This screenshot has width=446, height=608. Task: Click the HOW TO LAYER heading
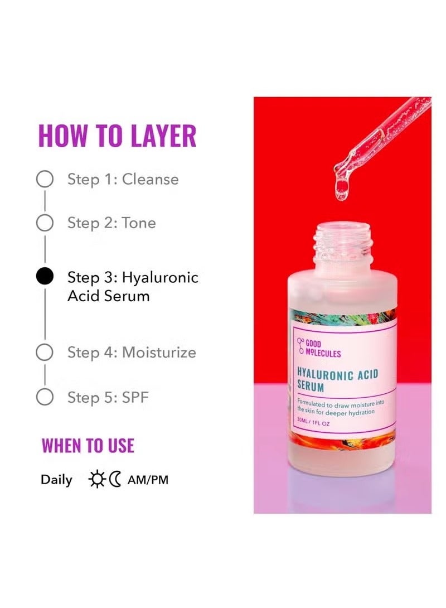coord(117,136)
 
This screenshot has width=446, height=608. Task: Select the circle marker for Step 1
coord(45,180)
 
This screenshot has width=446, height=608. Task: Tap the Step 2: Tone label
coord(111,223)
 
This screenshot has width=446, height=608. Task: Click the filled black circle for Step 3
coord(45,277)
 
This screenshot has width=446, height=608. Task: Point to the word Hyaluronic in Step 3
coord(160,277)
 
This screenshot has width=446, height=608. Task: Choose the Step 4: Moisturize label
coord(132,353)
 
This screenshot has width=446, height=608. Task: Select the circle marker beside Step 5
coord(45,397)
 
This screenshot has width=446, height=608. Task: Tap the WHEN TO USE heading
coord(88,446)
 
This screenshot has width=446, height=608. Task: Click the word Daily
coord(56,480)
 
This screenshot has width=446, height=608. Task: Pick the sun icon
coord(96,479)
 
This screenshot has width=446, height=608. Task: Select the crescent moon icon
coord(115,479)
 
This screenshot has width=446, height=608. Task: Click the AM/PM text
coord(148,480)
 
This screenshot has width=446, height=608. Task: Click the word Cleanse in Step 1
coord(151,180)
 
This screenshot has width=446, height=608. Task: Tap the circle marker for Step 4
coord(45,353)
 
